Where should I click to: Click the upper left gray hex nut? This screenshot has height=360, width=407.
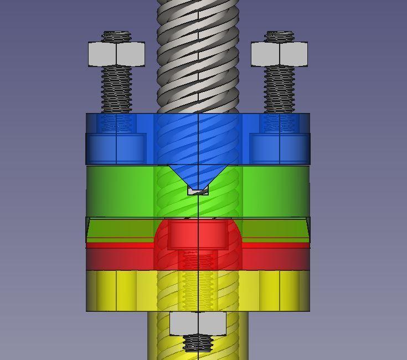(x=116, y=54)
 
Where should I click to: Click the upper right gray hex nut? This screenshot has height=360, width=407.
(x=279, y=54)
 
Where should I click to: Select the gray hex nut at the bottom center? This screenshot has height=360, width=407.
(x=198, y=323)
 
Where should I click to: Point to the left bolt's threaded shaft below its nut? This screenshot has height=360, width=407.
(x=116, y=89)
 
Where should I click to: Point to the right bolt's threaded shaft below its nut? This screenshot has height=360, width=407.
(x=279, y=89)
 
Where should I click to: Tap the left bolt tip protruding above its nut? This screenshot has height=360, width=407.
(x=116, y=37)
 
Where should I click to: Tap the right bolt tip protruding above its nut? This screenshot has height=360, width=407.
(x=279, y=37)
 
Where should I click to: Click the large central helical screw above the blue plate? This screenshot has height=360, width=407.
(x=198, y=55)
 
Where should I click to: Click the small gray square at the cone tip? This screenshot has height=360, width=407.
(x=198, y=191)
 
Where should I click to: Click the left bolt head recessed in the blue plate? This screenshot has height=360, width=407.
(x=116, y=148)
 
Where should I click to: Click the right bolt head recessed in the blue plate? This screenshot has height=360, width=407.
(x=279, y=148)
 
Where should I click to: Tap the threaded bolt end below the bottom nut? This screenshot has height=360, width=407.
(x=198, y=344)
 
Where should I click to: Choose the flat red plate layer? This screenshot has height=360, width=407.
(x=122, y=256)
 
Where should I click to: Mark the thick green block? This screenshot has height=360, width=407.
(x=122, y=191)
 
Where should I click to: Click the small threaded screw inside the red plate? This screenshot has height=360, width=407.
(x=198, y=260)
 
